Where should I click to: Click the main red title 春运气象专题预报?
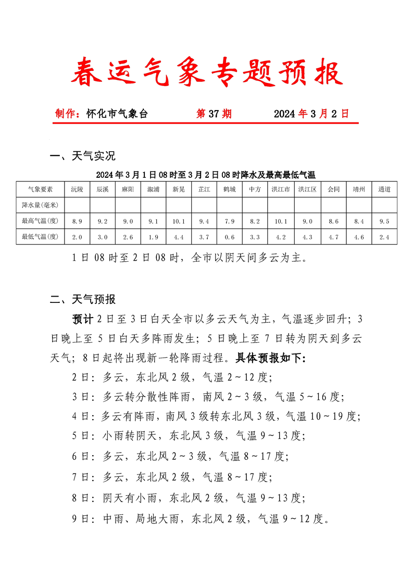click(x=207, y=72)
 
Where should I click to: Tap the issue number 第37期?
click(x=214, y=114)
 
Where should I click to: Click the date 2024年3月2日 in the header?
click(x=311, y=114)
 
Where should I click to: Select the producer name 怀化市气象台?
click(x=117, y=114)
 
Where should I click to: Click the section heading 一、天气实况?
click(x=82, y=156)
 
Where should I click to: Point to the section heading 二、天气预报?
click(x=82, y=299)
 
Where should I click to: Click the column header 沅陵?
click(x=77, y=189)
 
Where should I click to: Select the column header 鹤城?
click(x=230, y=189)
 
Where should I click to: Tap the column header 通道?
click(x=384, y=189)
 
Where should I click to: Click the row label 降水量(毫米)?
click(x=40, y=205)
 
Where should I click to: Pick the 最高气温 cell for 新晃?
click(x=179, y=222)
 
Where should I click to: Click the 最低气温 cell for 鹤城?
click(x=230, y=237)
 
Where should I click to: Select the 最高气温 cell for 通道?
click(x=384, y=222)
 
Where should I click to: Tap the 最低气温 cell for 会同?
click(x=333, y=237)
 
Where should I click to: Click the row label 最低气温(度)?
click(x=40, y=237)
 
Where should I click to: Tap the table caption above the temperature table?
click(x=206, y=174)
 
